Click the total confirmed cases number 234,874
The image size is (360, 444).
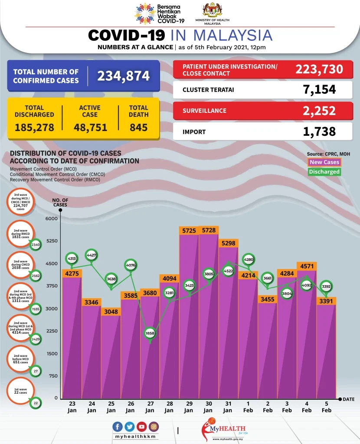(123, 76)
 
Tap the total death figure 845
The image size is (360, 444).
(138, 128)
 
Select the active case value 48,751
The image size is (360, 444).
(90, 128)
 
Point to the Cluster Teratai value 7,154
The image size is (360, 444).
(320, 90)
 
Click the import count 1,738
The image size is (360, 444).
(320, 132)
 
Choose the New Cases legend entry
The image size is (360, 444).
(324, 162)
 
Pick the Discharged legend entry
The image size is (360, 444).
(324, 171)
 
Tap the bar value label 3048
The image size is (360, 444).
(111, 312)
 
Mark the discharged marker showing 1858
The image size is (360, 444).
(150, 333)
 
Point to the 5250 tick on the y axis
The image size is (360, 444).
(51, 241)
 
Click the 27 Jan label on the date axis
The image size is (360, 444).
(150, 407)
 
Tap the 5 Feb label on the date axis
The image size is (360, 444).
(327, 407)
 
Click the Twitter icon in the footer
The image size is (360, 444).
(129, 427)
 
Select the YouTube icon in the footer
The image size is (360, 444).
(141, 427)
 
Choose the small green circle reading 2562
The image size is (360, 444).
(36, 276)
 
